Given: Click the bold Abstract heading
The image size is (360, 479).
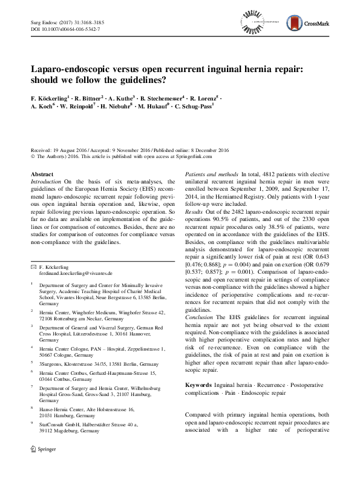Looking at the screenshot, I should pos(42,174).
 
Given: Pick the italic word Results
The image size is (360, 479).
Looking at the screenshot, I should pos(194,213).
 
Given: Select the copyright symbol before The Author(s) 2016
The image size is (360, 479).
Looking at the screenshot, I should pos(33,156).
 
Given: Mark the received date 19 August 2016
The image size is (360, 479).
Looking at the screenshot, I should pos(73,149).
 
